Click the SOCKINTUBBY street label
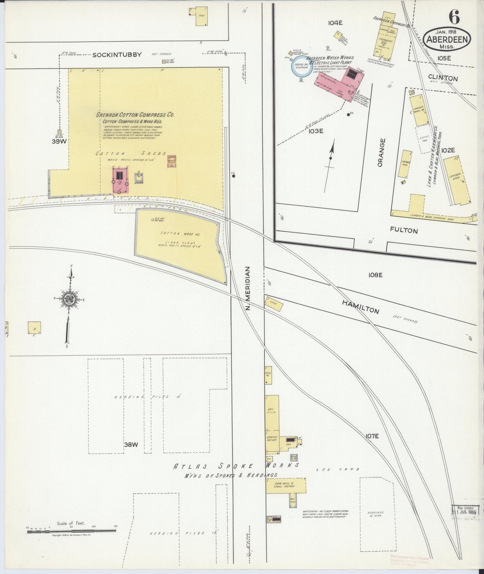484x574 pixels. point(117,55)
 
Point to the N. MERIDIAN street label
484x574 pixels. point(248,288)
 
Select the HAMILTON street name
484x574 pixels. point(360,306)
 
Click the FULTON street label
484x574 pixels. point(404,230)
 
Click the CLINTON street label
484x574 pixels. point(443,78)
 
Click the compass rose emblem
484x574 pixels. point(69,299)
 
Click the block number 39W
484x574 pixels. point(59,141)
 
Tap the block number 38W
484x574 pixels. point(131,445)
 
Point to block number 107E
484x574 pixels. point(372,436)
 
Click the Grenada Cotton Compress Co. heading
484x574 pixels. point(135,115)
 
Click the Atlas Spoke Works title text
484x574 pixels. point(235,466)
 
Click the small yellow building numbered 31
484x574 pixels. point(34,328)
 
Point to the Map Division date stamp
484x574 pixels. point(465,512)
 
